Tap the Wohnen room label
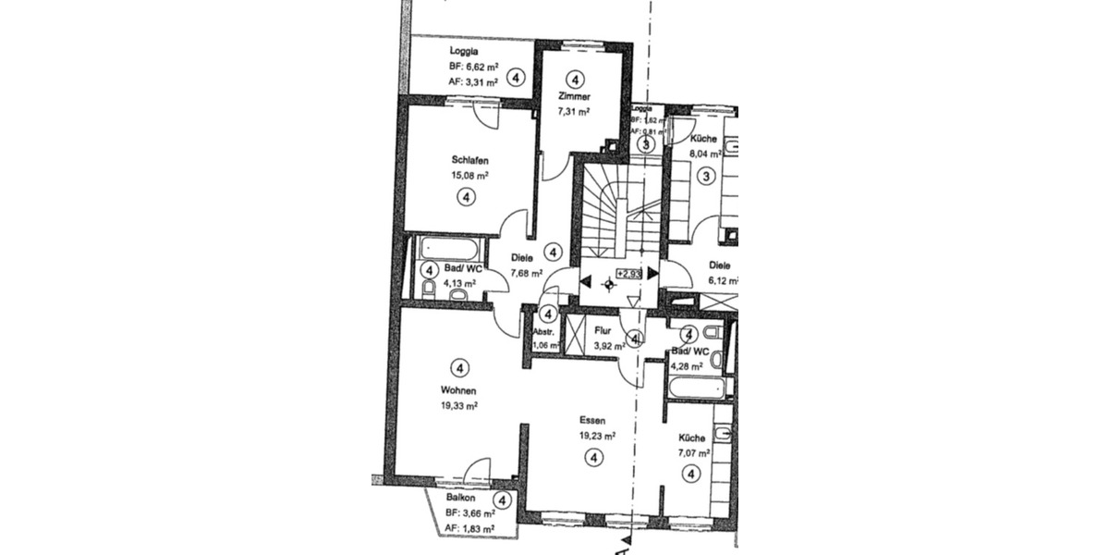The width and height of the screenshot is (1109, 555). pos(458,389)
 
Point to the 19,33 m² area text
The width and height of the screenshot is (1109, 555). pos(459,405)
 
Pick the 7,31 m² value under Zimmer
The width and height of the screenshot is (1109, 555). pos(574,111)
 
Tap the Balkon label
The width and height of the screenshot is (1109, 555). pos(460,497)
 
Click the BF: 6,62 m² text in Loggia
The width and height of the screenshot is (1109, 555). pos(473,68)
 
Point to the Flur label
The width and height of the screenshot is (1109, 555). pos(603,328)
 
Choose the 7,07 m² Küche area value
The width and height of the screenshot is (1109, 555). pos(693,453)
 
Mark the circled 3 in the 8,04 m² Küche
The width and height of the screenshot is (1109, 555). pos(707,176)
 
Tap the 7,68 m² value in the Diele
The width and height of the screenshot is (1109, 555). pos(526,274)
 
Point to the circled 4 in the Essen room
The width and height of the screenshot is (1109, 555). pos(593,456)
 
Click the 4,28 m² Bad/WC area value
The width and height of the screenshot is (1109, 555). pos(688,366)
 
